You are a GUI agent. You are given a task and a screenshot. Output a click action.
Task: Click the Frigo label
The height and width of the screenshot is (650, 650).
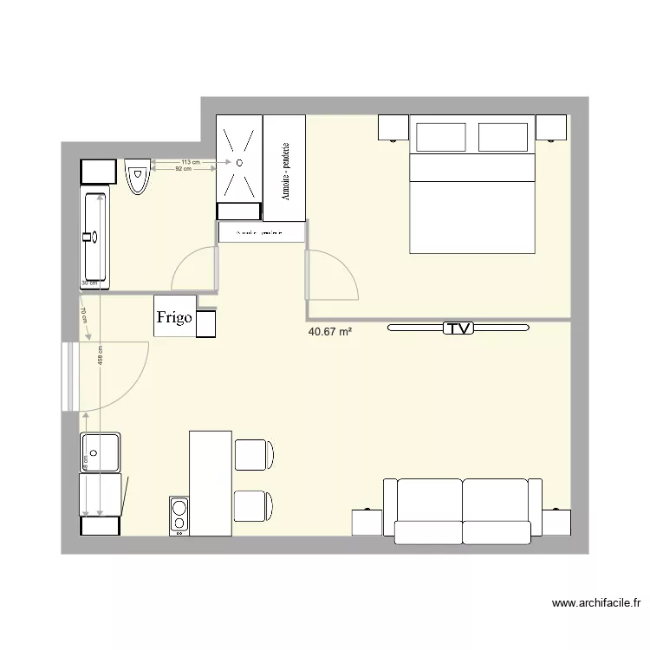(x=174, y=317)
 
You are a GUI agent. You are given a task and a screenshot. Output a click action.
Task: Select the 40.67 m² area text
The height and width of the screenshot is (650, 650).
(x=329, y=331)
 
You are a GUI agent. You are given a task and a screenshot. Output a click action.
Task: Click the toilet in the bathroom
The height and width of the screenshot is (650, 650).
(x=137, y=176)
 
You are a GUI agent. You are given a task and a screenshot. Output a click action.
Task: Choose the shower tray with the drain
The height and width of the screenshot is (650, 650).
(x=238, y=160)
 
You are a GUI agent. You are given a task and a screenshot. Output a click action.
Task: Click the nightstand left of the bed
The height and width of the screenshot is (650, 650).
(x=393, y=128)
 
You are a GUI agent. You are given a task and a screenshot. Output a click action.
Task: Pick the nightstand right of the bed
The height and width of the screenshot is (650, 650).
(x=551, y=128)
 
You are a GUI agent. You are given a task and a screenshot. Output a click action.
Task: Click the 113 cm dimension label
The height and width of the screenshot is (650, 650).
(x=190, y=162)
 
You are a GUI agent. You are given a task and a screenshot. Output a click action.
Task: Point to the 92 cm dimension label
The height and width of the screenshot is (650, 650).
(x=183, y=169)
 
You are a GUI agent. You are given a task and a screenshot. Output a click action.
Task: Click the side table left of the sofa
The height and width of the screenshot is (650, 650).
(x=367, y=523)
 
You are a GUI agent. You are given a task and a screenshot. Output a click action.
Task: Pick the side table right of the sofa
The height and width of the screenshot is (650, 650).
(x=557, y=523)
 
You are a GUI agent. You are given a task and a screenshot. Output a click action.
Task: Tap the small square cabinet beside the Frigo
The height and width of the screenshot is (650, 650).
(x=207, y=323)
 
